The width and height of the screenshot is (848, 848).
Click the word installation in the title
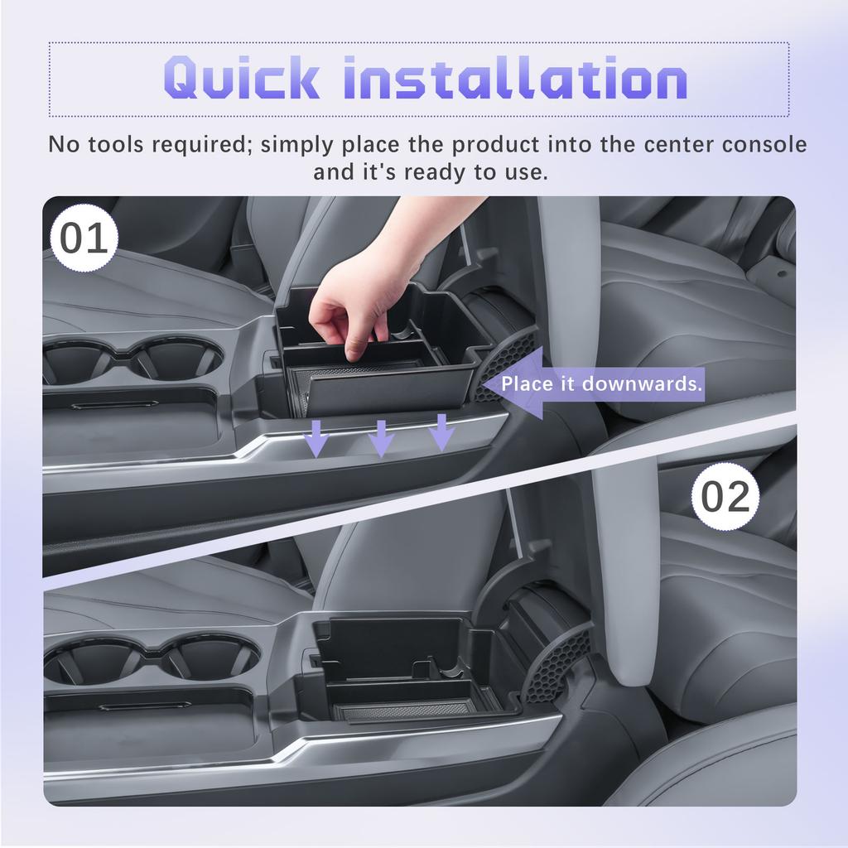click(514, 79)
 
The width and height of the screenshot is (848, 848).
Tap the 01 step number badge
click(84, 239)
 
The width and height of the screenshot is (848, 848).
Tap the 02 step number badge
click(725, 496)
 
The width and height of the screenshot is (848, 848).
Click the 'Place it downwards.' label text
click(602, 384)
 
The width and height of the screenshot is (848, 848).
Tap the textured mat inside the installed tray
click(405, 711)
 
